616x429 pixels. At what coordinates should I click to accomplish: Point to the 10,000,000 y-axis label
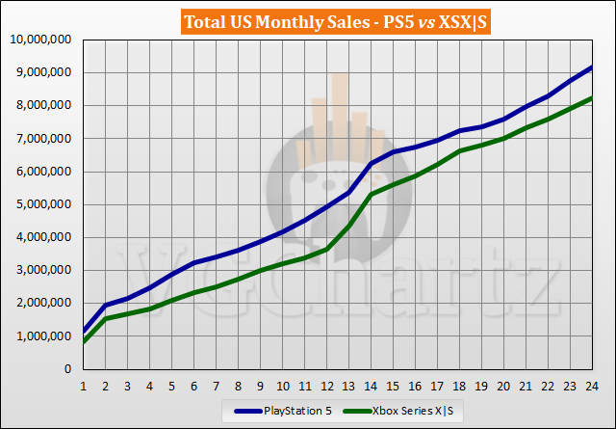[x=39, y=40]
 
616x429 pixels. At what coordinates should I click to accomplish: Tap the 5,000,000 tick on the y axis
[x=42, y=204]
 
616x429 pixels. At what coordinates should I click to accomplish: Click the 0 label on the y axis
[x=68, y=369]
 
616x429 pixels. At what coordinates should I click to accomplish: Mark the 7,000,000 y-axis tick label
[x=42, y=139]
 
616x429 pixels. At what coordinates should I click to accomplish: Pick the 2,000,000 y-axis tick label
[x=42, y=303]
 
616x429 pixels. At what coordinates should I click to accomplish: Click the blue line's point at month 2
[x=106, y=305]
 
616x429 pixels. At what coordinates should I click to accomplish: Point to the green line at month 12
[x=327, y=250]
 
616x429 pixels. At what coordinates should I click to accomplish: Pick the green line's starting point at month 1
[x=84, y=341]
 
